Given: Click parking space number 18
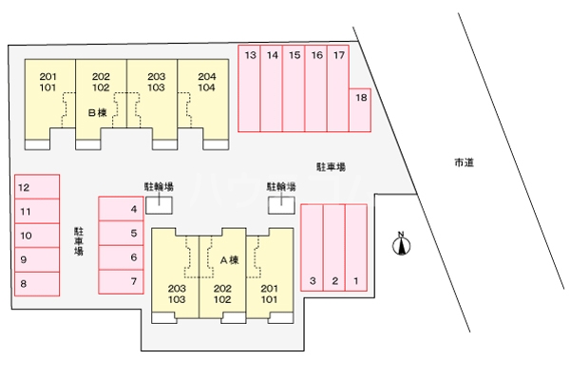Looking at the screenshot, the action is (x=360, y=110).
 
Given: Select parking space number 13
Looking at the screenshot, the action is (x=249, y=88).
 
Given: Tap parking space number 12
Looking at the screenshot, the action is (x=37, y=187).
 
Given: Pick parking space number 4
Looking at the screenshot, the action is (x=121, y=209).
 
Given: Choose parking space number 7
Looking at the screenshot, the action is (x=121, y=281).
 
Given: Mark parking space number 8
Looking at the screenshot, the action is (x=37, y=284).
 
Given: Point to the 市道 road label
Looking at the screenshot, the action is (x=465, y=162).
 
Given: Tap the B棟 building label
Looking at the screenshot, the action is (x=98, y=113).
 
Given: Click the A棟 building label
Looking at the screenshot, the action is (x=230, y=260).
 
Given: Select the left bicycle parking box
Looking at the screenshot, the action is (x=160, y=205).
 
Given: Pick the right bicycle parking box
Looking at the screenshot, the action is (x=282, y=205).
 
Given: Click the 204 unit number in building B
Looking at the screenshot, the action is (x=207, y=76).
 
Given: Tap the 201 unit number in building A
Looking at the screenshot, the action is (x=270, y=289).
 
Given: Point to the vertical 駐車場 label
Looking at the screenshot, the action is (x=79, y=241).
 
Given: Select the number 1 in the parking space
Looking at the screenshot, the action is (x=356, y=281).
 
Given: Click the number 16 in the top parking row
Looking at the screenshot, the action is (x=317, y=55).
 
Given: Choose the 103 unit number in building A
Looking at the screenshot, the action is (x=177, y=299).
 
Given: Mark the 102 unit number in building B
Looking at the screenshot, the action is (x=101, y=87).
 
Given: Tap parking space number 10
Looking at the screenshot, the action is (x=37, y=236).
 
